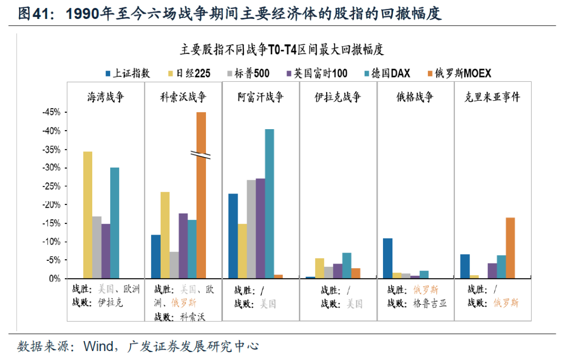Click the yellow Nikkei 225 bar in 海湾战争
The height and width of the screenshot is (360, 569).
[87, 215]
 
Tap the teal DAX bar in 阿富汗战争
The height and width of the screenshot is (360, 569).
[269, 203]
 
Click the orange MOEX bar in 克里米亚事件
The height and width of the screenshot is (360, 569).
[510, 248]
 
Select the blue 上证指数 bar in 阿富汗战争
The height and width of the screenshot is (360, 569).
[233, 236]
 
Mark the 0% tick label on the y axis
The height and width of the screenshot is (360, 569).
[54, 278]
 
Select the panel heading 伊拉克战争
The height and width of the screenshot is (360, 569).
[338, 98]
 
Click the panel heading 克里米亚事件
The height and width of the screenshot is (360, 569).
[492, 98]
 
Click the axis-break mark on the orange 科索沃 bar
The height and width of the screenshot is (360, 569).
[201, 155]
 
